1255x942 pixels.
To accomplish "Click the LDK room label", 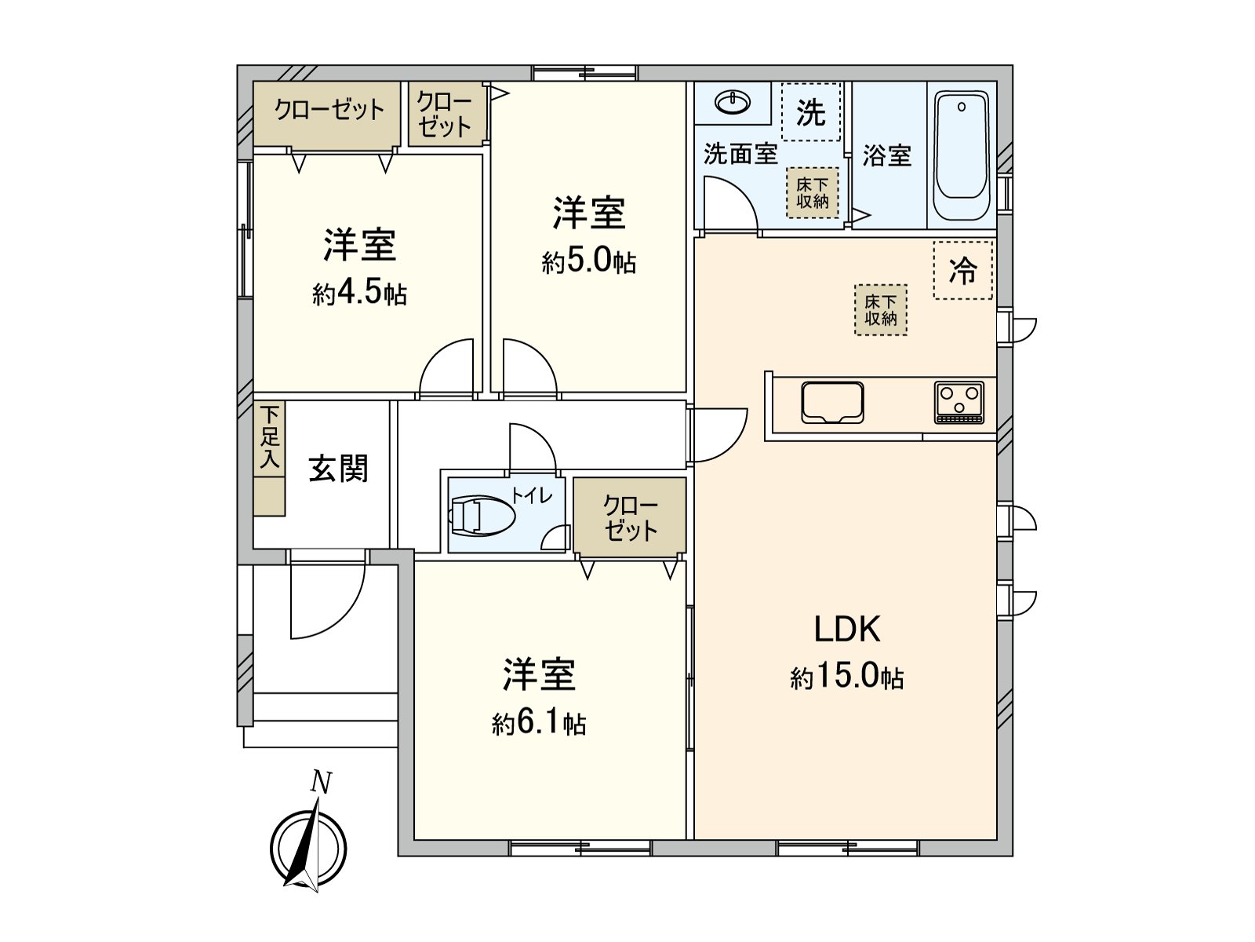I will tap(847, 630).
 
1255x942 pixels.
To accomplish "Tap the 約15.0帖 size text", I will tap(847, 677).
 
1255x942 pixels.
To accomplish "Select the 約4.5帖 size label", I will tap(359, 294).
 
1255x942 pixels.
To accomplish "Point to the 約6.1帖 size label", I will tap(539, 723).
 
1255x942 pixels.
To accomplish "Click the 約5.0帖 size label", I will tap(588, 262).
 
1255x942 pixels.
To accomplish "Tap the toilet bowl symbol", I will tap(482, 516).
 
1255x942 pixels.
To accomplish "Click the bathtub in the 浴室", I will tap(961, 157).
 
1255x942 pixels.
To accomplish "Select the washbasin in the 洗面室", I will tap(733, 102).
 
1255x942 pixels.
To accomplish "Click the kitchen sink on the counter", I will tap(832, 402).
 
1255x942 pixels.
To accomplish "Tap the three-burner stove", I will tap(959, 403).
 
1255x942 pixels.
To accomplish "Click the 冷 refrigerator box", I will tap(963, 271).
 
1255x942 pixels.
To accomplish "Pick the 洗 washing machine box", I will tap(811, 112).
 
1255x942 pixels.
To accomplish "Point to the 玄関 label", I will tap(338, 469).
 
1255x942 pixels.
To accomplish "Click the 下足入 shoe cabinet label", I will tap(270, 438).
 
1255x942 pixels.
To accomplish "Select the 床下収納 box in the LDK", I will tap(881, 310).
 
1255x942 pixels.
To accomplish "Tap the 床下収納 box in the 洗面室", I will tap(813, 193).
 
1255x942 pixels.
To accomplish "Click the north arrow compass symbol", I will tap(309, 846).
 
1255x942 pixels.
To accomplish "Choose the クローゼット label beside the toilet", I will tap(630, 518).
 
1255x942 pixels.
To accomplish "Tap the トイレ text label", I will tap(533, 495).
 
